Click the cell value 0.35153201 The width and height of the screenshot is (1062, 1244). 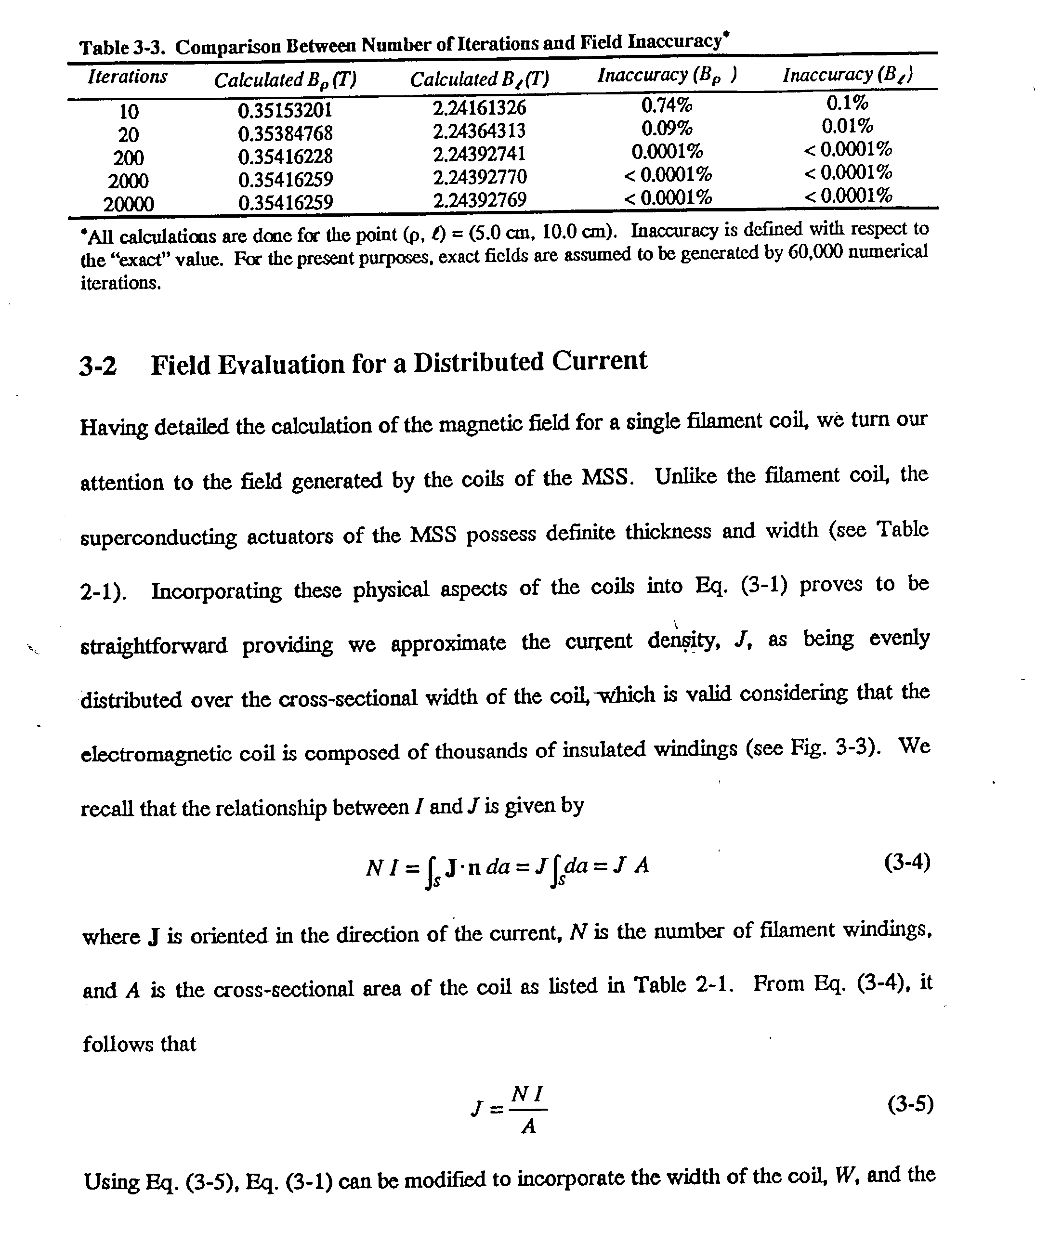click(x=285, y=110)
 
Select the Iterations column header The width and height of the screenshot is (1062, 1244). click(x=127, y=77)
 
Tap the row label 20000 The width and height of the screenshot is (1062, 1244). click(x=129, y=205)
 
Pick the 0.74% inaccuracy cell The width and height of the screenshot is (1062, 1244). click(x=667, y=105)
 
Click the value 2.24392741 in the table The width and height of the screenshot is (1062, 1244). click(x=479, y=154)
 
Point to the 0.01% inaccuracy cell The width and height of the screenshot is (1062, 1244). click(x=847, y=127)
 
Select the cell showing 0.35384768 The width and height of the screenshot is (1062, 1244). click(x=285, y=133)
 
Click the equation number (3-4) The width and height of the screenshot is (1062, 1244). click(x=907, y=863)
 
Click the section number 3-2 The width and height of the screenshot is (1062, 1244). click(x=97, y=366)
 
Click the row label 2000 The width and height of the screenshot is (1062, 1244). click(x=129, y=181)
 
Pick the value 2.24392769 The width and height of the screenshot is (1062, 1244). click(x=480, y=200)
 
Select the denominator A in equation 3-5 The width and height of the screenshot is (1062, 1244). click(x=528, y=1127)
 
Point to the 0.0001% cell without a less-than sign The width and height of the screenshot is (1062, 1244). click(x=667, y=151)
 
